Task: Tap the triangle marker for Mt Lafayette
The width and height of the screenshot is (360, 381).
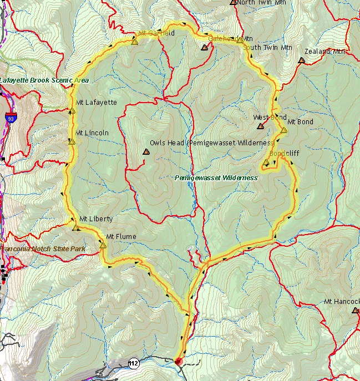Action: pos(72,111)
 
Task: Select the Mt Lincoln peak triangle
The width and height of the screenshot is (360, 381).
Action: pos(72,141)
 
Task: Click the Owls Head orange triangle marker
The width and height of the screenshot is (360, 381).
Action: pos(146,151)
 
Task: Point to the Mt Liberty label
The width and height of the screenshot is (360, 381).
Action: pos(96,219)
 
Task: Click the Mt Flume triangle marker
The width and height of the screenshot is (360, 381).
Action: pos(103,245)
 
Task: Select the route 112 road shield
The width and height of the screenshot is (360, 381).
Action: pos(133,363)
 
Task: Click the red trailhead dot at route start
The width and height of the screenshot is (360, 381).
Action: pos(178,362)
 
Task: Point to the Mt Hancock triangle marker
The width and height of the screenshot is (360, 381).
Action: pos(355,310)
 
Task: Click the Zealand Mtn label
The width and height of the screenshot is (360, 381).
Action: pos(325,52)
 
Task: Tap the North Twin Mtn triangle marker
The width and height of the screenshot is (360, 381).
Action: pos(233,2)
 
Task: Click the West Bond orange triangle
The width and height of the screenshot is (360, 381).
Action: pos(260,126)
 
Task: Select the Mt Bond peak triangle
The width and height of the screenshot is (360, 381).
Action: pos(283,130)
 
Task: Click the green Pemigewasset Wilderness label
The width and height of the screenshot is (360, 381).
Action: pos(216,178)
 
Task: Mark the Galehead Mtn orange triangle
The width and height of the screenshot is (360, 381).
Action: pos(205,48)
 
